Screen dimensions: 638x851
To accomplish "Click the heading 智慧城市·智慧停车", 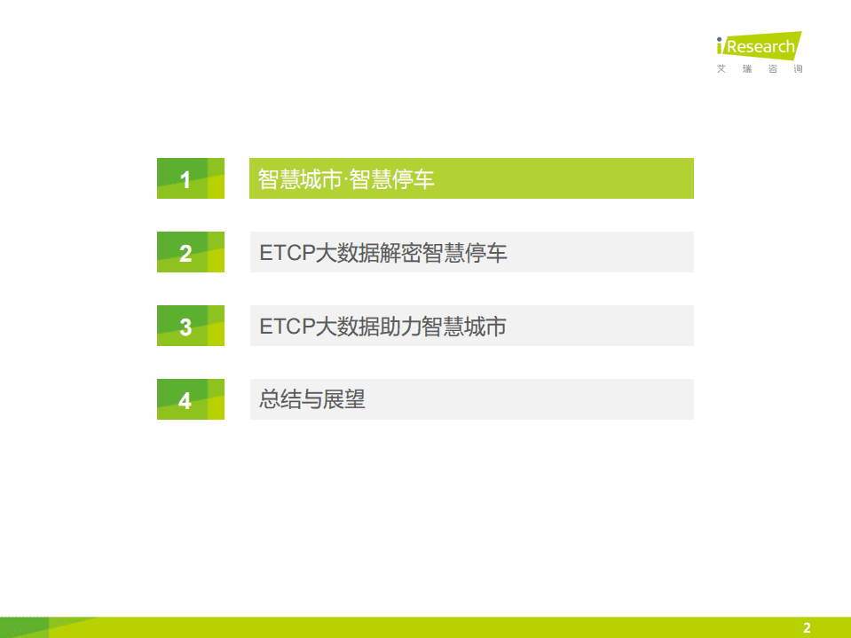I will (x=346, y=179).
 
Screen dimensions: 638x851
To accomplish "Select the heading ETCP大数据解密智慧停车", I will (x=383, y=253).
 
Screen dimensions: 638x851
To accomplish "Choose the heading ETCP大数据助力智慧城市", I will (x=382, y=327).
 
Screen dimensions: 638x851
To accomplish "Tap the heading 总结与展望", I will (x=312, y=399).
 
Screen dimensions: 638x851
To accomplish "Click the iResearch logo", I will (x=759, y=46).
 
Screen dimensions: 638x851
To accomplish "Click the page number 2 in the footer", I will (x=807, y=628).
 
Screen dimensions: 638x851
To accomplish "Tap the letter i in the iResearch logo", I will (x=721, y=45).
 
